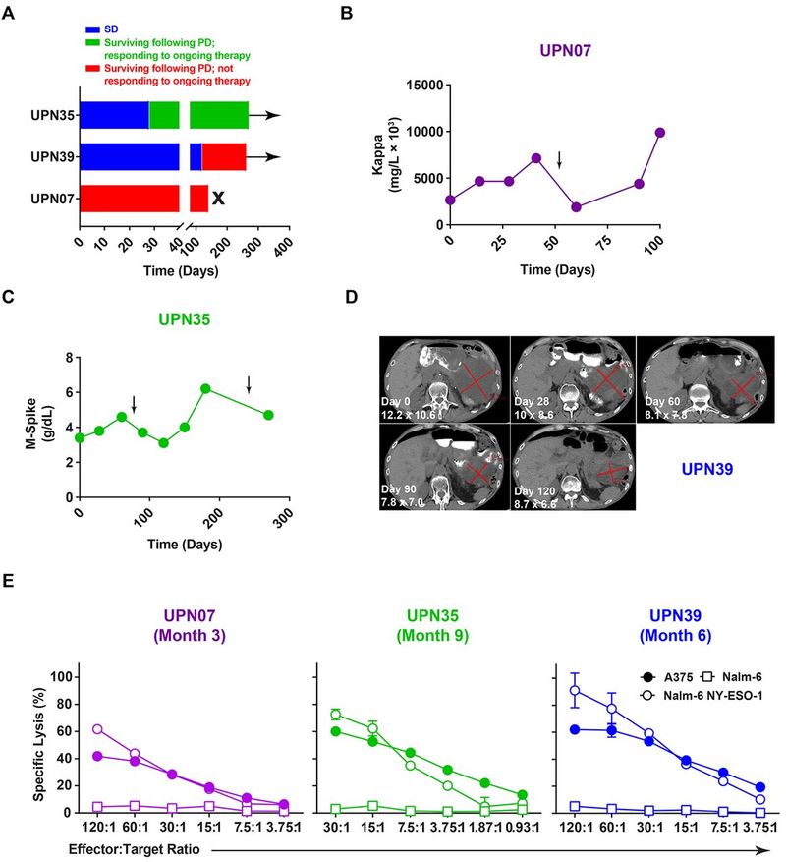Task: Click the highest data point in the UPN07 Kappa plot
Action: [660, 133]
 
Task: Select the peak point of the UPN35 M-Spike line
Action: [205, 388]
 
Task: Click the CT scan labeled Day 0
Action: [444, 383]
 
